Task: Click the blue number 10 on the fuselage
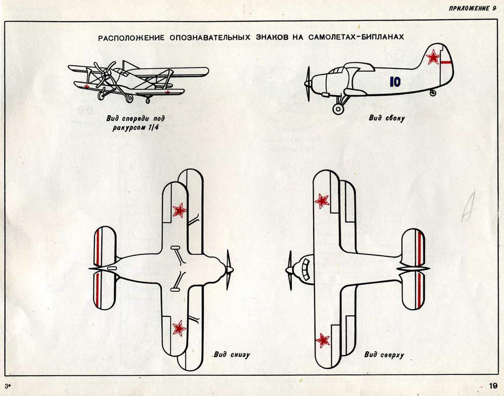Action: [x=395, y=82]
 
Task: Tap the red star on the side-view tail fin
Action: [x=433, y=57]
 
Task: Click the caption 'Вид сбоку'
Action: [x=387, y=118]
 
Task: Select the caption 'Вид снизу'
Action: [x=231, y=355]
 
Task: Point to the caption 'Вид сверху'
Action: [x=384, y=355]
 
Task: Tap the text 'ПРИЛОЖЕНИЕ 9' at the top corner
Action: [x=472, y=9]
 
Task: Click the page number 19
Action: [x=493, y=385]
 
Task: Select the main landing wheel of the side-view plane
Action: [x=338, y=109]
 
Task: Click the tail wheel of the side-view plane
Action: [x=433, y=93]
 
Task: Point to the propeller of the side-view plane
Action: [x=308, y=84]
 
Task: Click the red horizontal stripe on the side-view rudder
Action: [x=446, y=61]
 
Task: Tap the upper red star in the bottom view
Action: [x=179, y=210]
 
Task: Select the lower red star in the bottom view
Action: [x=179, y=329]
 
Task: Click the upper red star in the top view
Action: [x=322, y=201]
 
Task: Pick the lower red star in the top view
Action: [x=322, y=340]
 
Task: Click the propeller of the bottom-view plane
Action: [x=229, y=269]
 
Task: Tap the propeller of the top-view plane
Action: [x=289, y=270]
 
